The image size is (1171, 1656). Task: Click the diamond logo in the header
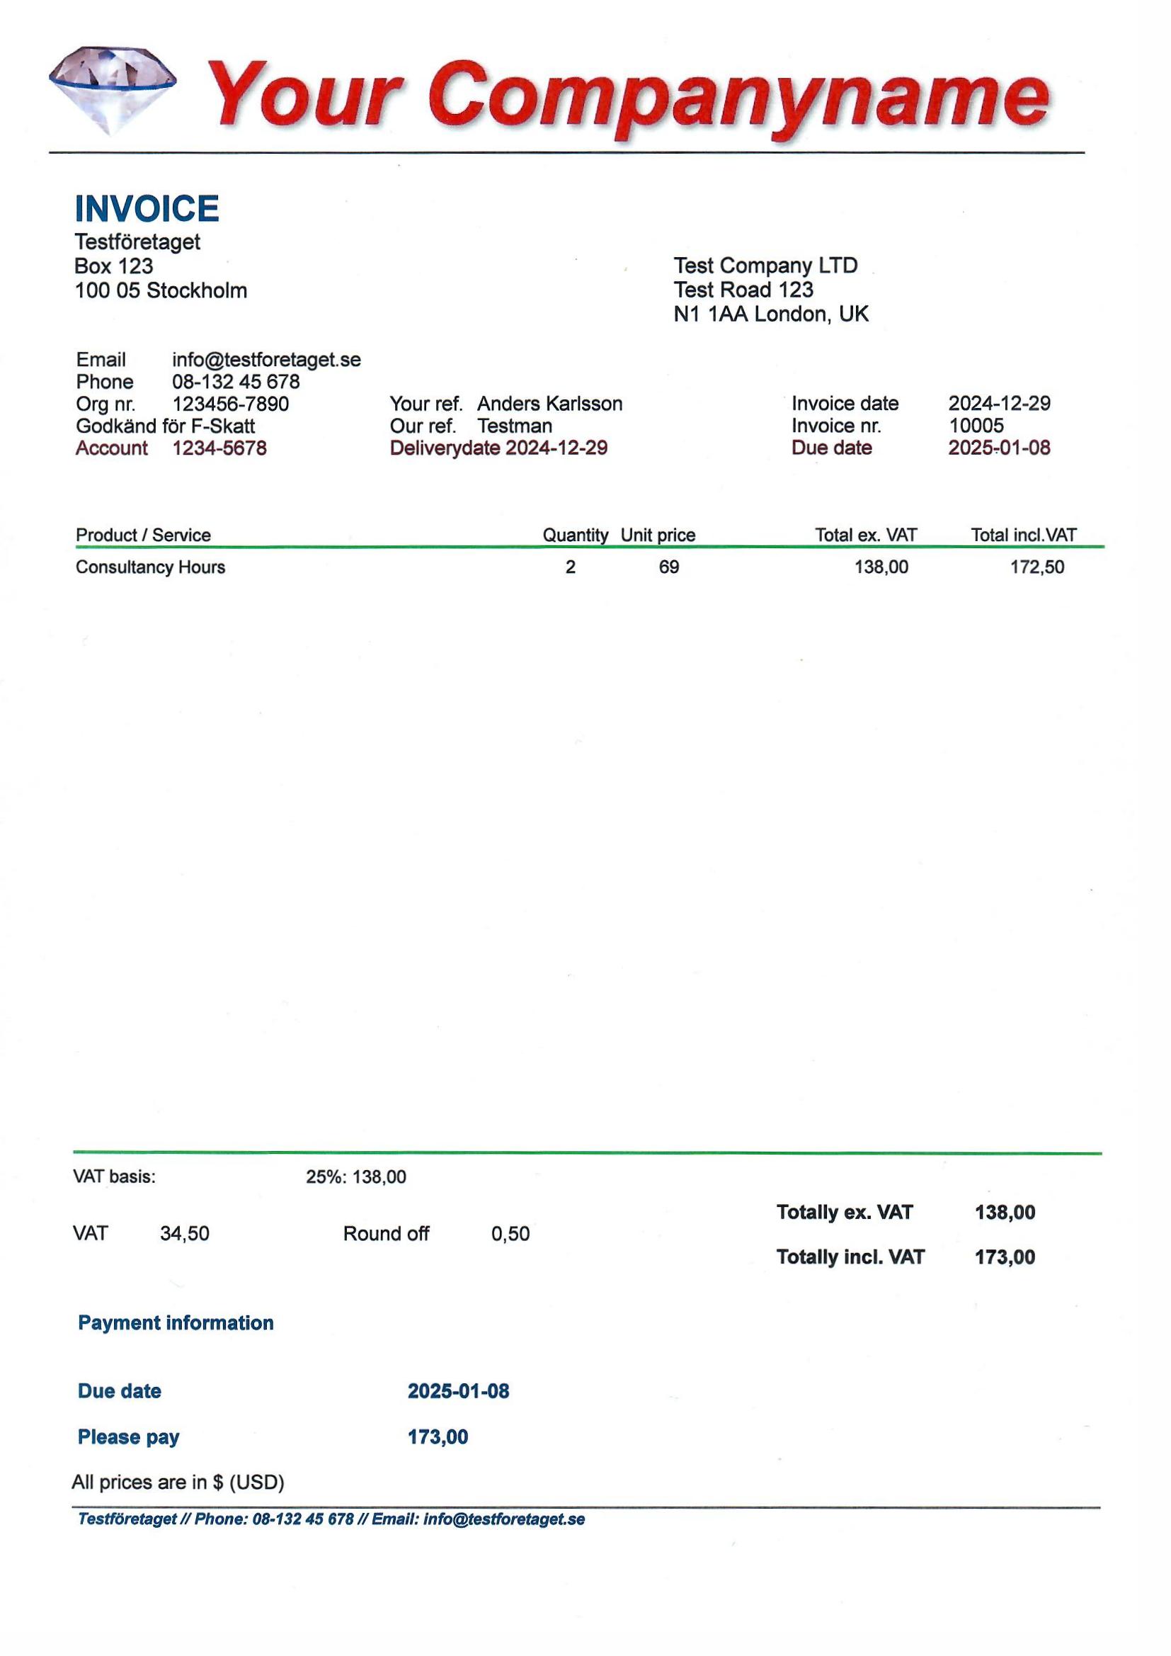[x=113, y=89]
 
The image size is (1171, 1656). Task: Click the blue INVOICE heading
[x=147, y=209]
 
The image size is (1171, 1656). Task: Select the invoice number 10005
[x=976, y=426]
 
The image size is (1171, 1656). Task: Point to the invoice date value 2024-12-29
[x=999, y=403]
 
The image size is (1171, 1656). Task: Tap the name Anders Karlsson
[x=549, y=404]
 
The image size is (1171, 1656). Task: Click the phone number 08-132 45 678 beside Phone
[x=236, y=382]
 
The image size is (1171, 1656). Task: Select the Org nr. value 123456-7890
[x=230, y=404]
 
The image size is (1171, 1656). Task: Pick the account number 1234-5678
[x=219, y=448]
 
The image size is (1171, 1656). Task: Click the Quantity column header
[x=575, y=535]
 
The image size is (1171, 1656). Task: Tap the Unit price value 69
[x=668, y=567]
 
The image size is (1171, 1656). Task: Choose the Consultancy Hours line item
[x=150, y=567]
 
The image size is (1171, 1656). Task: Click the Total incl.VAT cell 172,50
[x=1036, y=567]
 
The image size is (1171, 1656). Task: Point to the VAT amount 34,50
[x=185, y=1234]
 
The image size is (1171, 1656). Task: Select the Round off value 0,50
[x=510, y=1234]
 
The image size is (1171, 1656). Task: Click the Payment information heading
[x=175, y=1323]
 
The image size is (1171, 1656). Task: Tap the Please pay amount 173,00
[x=438, y=1436]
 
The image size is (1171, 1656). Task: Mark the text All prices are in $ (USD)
[x=178, y=1482]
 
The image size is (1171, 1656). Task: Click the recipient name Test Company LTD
[x=765, y=266]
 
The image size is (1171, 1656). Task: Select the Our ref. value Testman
[x=514, y=426]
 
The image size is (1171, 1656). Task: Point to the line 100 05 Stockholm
[x=161, y=290]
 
